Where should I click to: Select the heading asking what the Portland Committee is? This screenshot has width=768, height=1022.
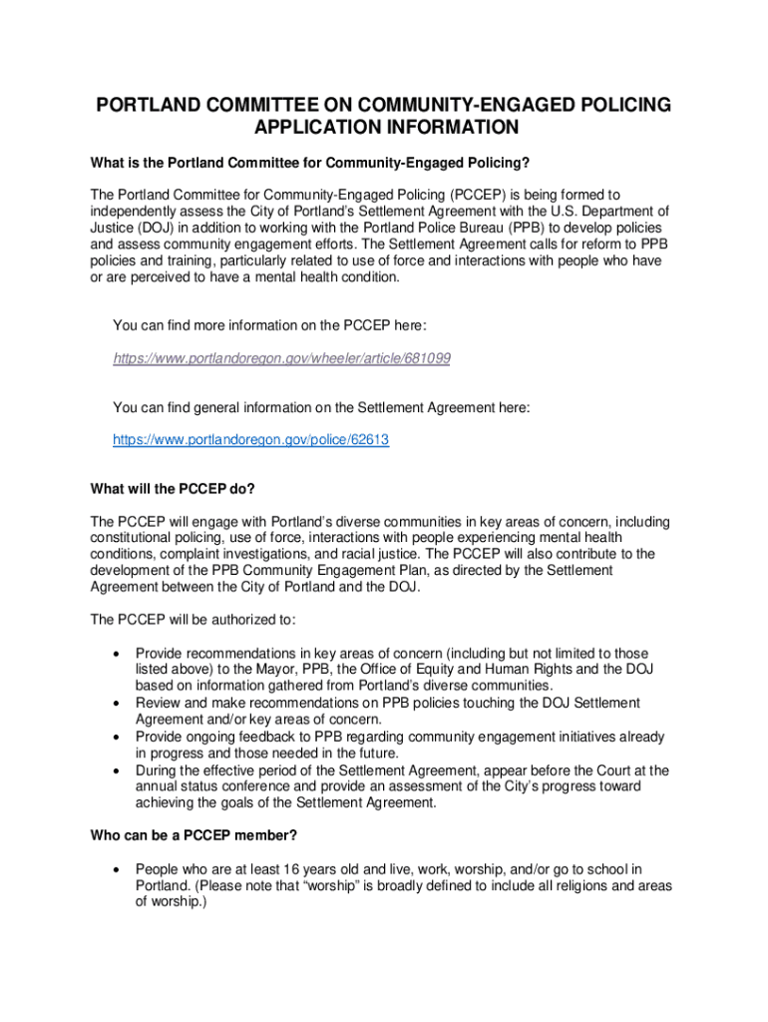click(309, 163)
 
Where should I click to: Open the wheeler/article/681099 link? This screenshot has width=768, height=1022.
click(281, 357)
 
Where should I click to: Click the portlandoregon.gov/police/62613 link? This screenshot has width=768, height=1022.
click(250, 439)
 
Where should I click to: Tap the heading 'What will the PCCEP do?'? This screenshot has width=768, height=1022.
click(172, 489)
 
